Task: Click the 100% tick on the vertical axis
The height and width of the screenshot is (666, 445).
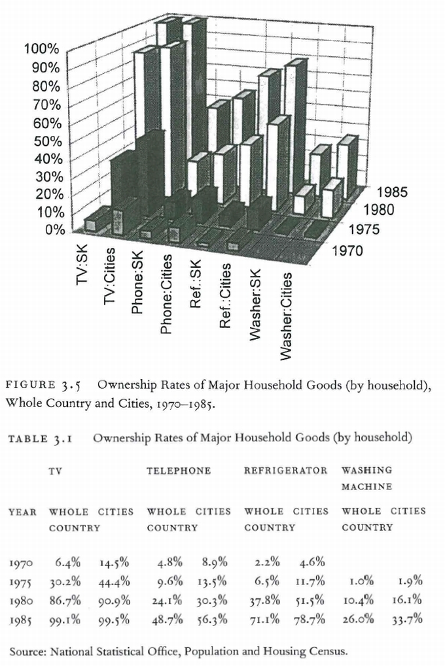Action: click(42, 50)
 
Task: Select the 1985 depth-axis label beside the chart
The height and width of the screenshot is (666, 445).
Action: click(392, 193)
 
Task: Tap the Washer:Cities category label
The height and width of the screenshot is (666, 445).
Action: click(285, 316)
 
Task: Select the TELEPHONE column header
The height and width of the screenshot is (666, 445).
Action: click(179, 471)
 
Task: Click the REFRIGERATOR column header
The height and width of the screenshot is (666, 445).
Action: click(286, 471)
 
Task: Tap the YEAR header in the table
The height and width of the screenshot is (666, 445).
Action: click(22, 511)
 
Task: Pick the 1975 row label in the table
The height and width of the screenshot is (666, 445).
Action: click(24, 580)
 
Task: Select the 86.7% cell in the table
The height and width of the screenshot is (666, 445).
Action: click(68, 599)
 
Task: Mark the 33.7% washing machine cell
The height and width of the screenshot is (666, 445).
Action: click(407, 618)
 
